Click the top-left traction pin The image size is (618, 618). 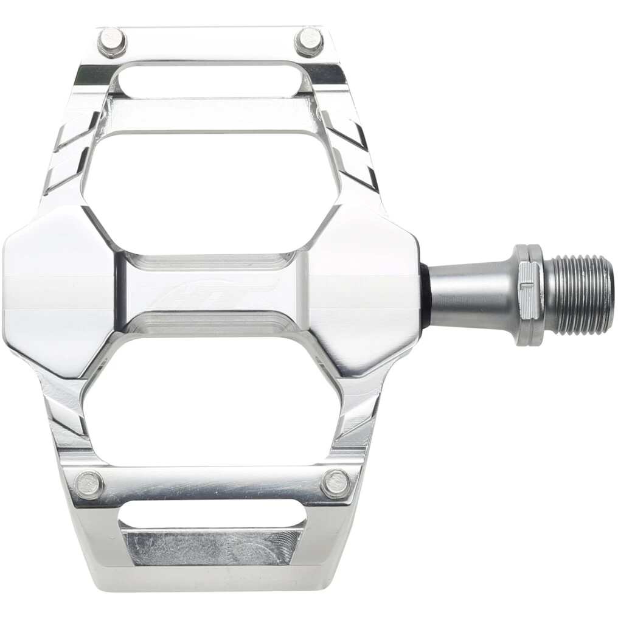point(111,41)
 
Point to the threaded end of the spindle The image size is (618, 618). point(577,295)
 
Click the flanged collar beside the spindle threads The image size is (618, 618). point(529,295)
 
